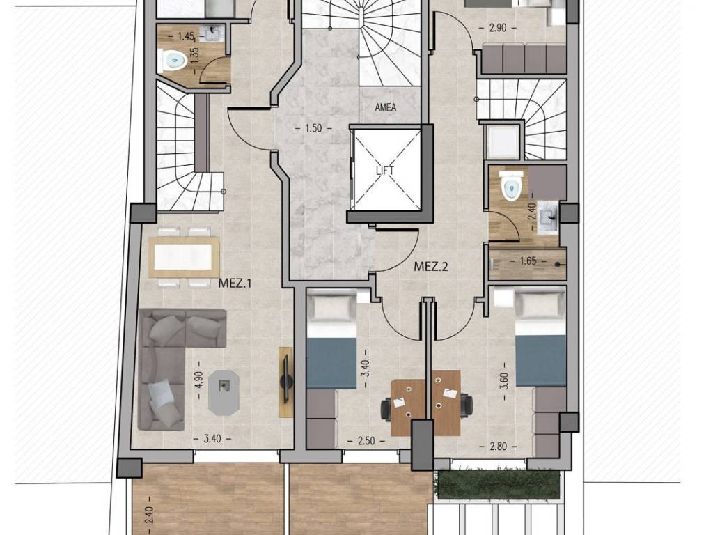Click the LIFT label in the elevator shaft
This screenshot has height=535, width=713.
(x=385, y=171)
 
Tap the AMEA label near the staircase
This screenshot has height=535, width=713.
(x=385, y=108)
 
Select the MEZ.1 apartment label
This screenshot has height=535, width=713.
(x=235, y=284)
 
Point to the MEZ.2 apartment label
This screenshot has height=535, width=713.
(x=430, y=267)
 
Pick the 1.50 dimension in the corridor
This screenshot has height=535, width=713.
(x=314, y=128)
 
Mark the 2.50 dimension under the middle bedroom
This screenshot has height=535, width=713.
(x=366, y=441)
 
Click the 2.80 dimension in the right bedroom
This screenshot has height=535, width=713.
(x=498, y=447)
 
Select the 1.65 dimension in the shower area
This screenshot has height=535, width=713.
(x=528, y=262)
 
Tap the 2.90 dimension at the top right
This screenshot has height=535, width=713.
(x=497, y=28)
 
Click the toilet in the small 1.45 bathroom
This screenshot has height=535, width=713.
(x=173, y=60)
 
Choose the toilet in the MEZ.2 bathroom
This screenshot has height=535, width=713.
(x=509, y=185)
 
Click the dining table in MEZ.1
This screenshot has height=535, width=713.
(x=184, y=257)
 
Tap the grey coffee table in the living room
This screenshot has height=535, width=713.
(x=224, y=392)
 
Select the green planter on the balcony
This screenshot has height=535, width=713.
(x=498, y=486)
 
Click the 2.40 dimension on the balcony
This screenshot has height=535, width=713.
(x=150, y=515)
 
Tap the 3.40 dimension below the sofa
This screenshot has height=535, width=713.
(x=212, y=439)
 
